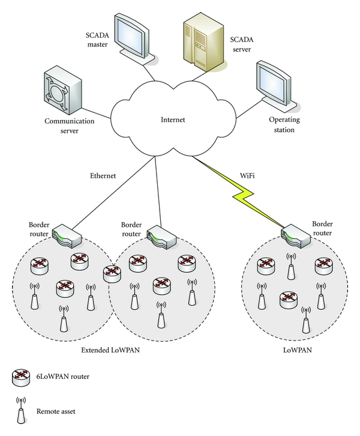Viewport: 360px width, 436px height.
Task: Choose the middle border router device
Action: (x=161, y=235)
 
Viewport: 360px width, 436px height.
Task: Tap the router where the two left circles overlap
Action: (x=112, y=273)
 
